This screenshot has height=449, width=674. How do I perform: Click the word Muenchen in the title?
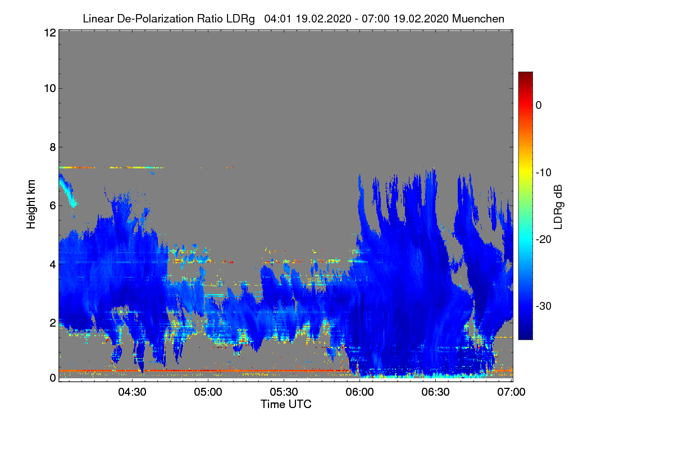478,19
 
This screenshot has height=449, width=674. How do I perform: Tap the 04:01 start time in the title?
277,19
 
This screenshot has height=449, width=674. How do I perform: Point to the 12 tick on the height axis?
50,33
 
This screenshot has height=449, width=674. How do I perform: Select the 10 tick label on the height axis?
50,89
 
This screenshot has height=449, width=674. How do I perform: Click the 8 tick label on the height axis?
53,147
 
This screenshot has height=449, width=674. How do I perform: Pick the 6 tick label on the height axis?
53,206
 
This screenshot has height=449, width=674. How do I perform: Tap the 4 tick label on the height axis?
53,264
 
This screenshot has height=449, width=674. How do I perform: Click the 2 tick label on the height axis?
53,323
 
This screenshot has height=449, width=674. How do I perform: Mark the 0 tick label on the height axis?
53,378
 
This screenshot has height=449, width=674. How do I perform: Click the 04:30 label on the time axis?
132,392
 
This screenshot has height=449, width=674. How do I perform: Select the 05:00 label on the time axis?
208,392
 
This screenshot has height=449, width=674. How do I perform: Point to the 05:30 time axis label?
284,392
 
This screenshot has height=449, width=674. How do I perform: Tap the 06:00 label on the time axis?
359,392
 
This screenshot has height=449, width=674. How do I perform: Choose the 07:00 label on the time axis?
511,392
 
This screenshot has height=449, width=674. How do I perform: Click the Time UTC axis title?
286,404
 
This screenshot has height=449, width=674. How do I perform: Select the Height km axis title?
31,204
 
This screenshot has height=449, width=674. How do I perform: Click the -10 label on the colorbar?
544,172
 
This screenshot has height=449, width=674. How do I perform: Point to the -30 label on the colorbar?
544,306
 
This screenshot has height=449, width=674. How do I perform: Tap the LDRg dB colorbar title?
558,207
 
